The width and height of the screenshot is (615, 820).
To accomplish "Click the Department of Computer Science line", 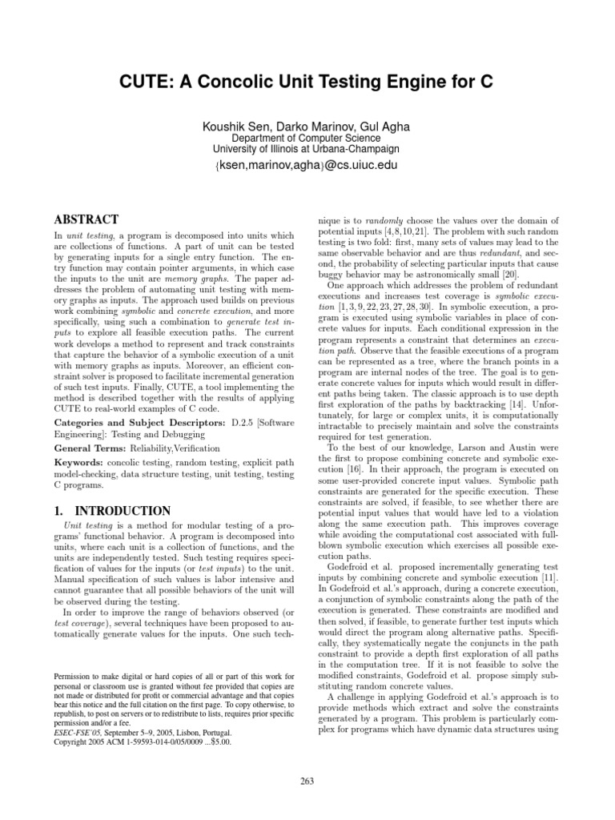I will coord(307,138).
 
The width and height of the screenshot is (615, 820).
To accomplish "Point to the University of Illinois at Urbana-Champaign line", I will coord(307,150).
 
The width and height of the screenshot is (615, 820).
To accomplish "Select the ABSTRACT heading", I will coord(86,219).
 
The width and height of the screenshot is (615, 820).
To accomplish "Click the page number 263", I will coord(307,781).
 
